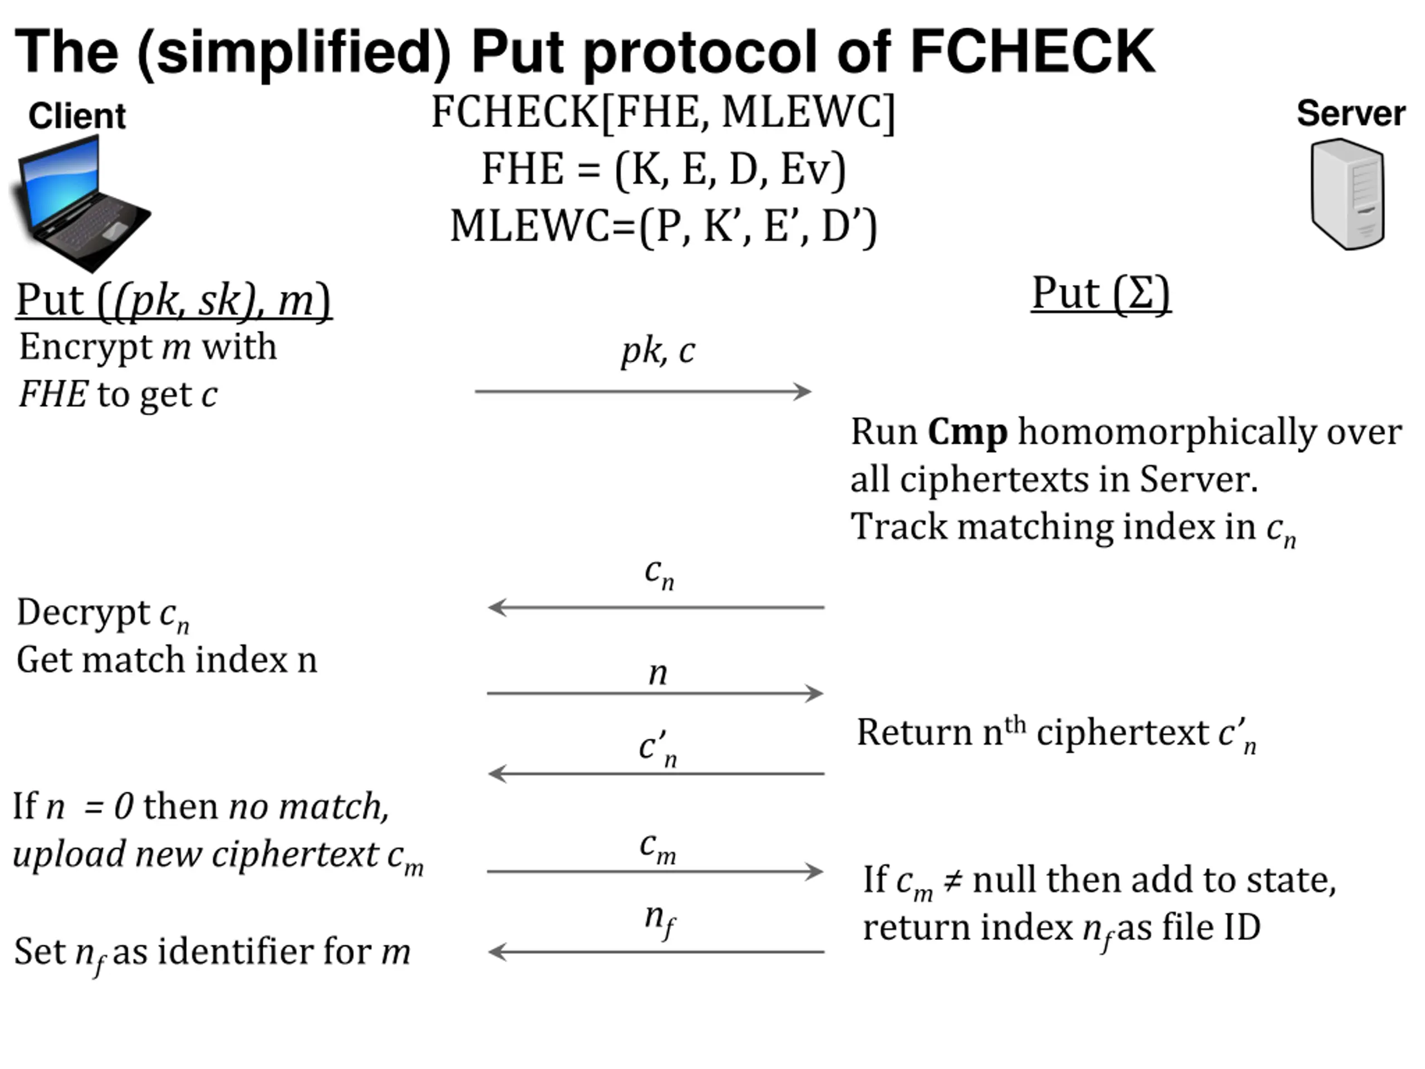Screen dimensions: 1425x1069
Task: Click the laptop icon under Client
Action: (x=81, y=203)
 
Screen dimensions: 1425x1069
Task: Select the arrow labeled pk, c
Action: (x=642, y=391)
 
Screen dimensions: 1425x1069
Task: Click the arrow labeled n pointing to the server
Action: (x=655, y=693)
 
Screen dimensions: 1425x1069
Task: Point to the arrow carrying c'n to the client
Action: (x=656, y=773)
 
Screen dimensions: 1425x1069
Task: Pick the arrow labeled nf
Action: (x=656, y=952)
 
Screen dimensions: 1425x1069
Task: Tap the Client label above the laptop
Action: (x=77, y=116)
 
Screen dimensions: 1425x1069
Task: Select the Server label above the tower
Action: (x=1351, y=114)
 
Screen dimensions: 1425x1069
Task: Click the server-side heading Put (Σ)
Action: (x=1100, y=293)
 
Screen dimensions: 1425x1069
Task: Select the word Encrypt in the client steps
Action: (x=85, y=347)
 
